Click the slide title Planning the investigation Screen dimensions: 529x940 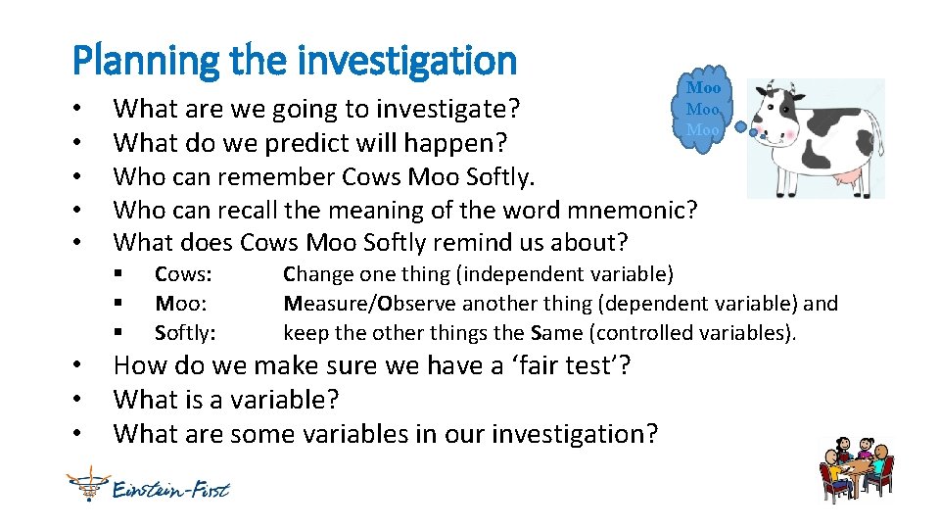pyautogui.click(x=294, y=61)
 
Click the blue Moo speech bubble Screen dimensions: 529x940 pyautogui.click(x=702, y=111)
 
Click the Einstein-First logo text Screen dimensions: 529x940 pyautogui.click(x=170, y=487)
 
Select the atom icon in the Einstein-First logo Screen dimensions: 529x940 pyautogui.click(x=86, y=484)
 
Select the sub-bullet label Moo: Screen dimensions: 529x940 pyautogui.click(x=179, y=304)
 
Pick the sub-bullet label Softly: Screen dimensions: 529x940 pyautogui.click(x=185, y=333)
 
